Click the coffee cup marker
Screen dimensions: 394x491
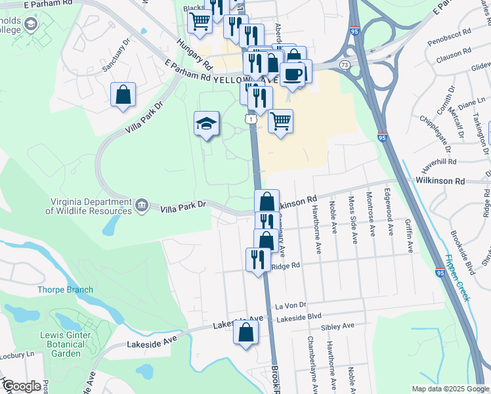292,74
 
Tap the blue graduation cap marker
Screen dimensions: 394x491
205,123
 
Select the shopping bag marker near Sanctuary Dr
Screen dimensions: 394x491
123,96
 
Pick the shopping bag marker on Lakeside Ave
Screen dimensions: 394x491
245,332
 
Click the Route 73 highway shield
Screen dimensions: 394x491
344,64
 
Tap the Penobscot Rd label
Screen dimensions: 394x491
449,32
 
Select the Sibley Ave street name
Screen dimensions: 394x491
337,326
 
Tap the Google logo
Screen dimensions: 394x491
22,385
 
